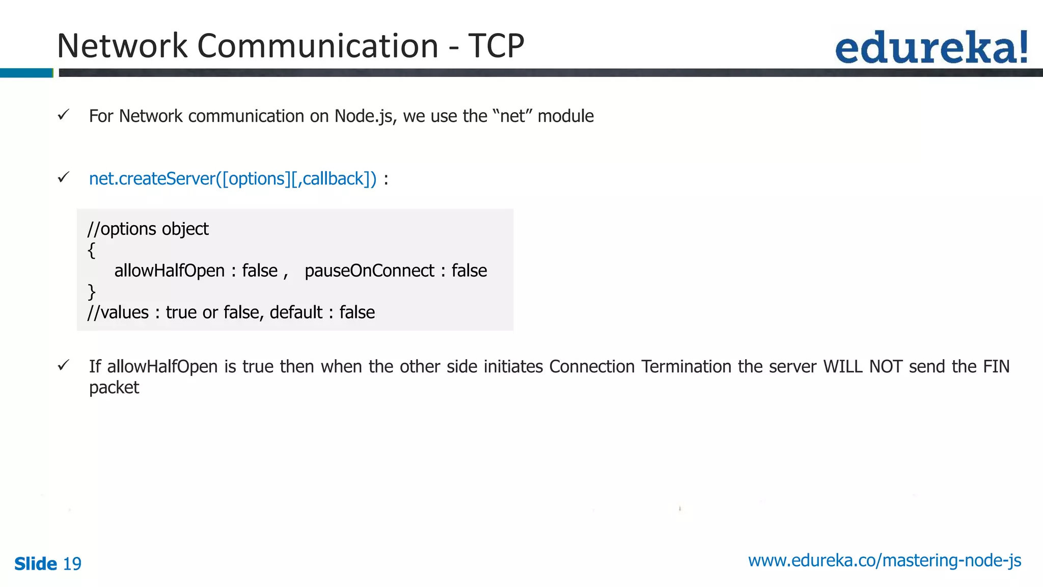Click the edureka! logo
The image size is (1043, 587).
[x=931, y=47]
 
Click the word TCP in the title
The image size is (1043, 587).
[x=496, y=46]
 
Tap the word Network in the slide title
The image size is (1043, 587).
[x=122, y=46]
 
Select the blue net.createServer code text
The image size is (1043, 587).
[x=233, y=179]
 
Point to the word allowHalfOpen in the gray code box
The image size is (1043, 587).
[x=169, y=271]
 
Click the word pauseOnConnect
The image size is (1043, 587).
[x=369, y=271]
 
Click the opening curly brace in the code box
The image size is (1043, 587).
[x=91, y=250]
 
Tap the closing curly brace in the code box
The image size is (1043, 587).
[x=91, y=292]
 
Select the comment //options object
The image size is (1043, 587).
[x=148, y=229]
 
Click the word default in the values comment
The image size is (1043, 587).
[x=296, y=312]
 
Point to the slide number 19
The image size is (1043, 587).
[x=72, y=564]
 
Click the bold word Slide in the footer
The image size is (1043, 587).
[x=36, y=564]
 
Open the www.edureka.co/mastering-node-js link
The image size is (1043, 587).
[x=885, y=561]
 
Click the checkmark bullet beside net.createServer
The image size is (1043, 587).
[x=63, y=178]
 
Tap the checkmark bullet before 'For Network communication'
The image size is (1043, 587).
[x=63, y=115]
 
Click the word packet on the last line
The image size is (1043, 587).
[x=114, y=388]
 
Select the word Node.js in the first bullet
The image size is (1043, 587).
[x=364, y=116]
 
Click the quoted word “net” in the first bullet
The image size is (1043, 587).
[x=512, y=116]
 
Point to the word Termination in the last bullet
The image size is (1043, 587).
[x=686, y=367]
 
